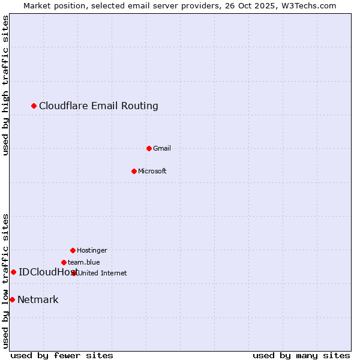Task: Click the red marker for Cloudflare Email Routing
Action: pyautogui.click(x=34, y=106)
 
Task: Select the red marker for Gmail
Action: pyautogui.click(x=149, y=148)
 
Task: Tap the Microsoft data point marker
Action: pyautogui.click(x=134, y=171)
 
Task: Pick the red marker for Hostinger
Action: pyautogui.click(x=73, y=250)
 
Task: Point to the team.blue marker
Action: pyautogui.click(x=64, y=262)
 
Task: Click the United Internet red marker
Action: pyautogui.click(x=74, y=273)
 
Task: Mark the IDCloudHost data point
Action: pyautogui.click(x=13, y=272)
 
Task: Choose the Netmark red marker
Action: pyautogui.click(x=12, y=299)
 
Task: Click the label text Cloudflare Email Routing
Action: pyautogui.click(x=98, y=106)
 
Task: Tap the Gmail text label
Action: pyautogui.click(x=162, y=149)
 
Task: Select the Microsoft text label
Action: pyautogui.click(x=152, y=172)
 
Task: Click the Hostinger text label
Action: pyautogui.click(x=92, y=251)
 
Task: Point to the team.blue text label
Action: pyautogui.click(x=84, y=262)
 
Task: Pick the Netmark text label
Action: pyautogui.click(x=38, y=300)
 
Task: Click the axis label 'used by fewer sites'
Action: pyautogui.click(x=62, y=355)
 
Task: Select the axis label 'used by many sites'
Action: pyautogui.click(x=301, y=355)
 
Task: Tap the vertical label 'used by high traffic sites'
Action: pyautogui.click(x=5, y=85)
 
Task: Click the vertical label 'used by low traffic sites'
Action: pyautogui.click(x=5, y=281)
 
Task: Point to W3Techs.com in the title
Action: pyautogui.click(x=308, y=5)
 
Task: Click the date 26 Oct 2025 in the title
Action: pyautogui.click(x=250, y=5)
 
